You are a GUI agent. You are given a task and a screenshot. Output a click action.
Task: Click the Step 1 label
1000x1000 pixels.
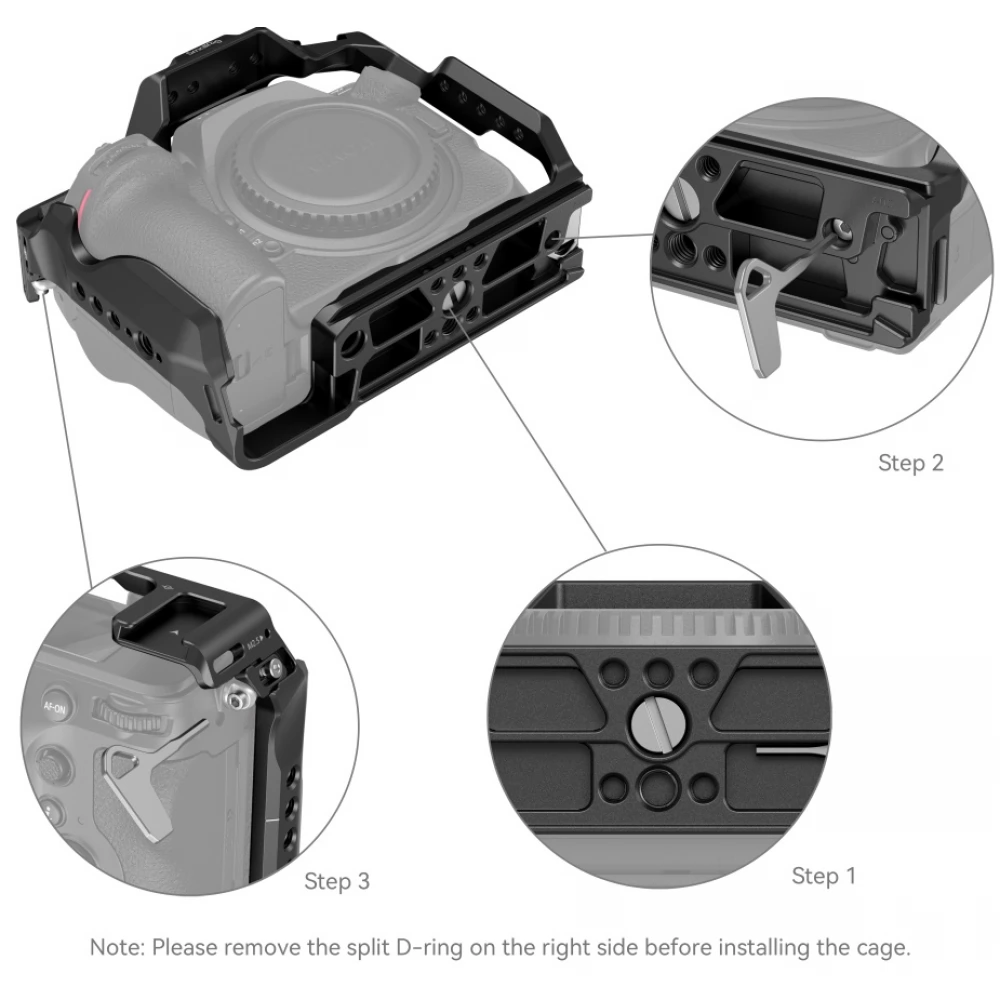point(823,876)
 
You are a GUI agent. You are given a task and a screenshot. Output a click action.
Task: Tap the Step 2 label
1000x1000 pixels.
point(911,462)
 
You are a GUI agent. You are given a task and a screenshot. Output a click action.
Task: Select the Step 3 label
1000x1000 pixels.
point(337,881)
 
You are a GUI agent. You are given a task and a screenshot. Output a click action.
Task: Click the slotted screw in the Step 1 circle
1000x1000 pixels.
point(659,724)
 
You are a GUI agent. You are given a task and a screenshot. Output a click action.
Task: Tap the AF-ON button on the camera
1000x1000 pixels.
point(55,705)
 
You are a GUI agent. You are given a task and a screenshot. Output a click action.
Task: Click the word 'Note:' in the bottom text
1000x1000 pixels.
point(117,948)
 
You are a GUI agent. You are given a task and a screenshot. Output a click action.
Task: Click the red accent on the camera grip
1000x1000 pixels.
point(81,210)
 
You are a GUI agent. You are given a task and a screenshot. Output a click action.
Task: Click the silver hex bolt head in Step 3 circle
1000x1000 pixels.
point(237,700)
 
